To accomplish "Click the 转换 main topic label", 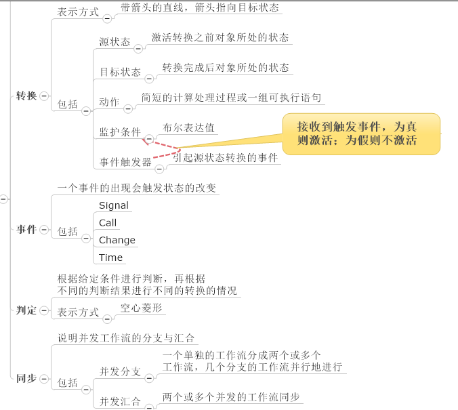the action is tap(26, 96).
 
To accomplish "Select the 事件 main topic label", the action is tap(26, 230).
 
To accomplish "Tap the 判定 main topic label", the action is tap(26, 310).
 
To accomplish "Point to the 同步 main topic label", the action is tap(26, 378).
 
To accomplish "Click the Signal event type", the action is tap(114, 205).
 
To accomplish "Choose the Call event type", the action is tap(108, 223).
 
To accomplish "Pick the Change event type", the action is tap(117, 240).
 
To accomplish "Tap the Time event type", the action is tap(110, 258).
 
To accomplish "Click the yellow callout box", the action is tap(361, 134).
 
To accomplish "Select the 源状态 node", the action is tap(114, 42).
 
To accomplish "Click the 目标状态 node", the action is tap(120, 72).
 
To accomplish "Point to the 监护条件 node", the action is tap(120, 131).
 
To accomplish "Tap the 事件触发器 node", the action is tap(125, 162).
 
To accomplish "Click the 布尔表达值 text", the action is tap(189, 127).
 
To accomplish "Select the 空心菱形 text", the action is tap(142, 308).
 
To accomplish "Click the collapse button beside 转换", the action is tap(44, 96).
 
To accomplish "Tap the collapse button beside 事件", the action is tap(44, 230).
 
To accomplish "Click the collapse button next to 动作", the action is tap(128, 108).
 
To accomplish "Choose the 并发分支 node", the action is tap(120, 371).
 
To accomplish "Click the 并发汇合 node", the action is tap(120, 401).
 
